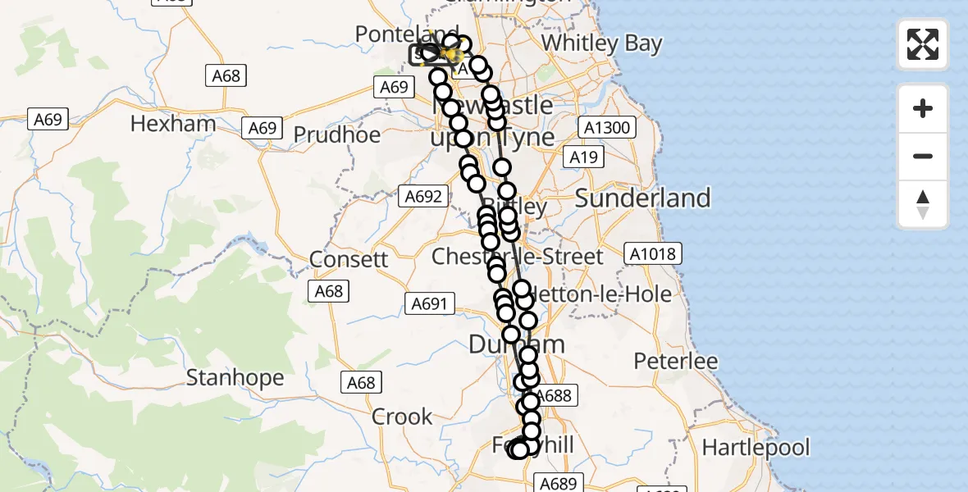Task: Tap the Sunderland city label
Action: pos(642,198)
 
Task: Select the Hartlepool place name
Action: pos(756,448)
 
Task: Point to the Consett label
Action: pos(349,260)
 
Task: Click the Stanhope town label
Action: pos(235,378)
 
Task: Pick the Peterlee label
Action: pos(675,361)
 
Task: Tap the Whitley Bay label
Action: pos(602,43)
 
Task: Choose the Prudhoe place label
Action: pos(336,134)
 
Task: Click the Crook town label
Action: pos(402,417)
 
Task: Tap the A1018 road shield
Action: pos(653,253)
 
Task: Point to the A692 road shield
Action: pos(423,196)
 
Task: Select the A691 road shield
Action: pos(428,304)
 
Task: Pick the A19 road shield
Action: pos(583,157)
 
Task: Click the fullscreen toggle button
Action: pos(923,44)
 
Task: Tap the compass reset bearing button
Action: pos(923,204)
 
